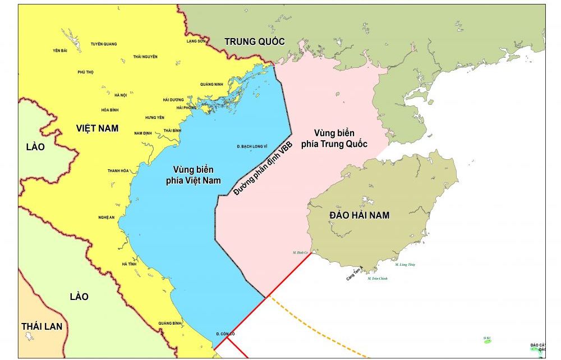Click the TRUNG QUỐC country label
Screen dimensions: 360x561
coord(255,41)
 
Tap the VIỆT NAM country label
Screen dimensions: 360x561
coord(97,128)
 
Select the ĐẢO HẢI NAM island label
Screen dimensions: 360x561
coord(360,215)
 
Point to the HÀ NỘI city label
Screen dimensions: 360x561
coord(120,95)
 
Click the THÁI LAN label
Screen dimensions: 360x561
coord(42,326)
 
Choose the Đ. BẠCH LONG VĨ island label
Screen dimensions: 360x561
coord(252,146)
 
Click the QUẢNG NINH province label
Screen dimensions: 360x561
coord(211,85)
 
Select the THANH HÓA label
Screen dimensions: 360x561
coord(118,170)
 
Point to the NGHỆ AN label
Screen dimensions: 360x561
coord(107,218)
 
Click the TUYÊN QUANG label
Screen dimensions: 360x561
coord(103,44)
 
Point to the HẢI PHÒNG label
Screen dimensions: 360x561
coord(186,108)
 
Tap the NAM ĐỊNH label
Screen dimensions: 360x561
coord(144,133)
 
